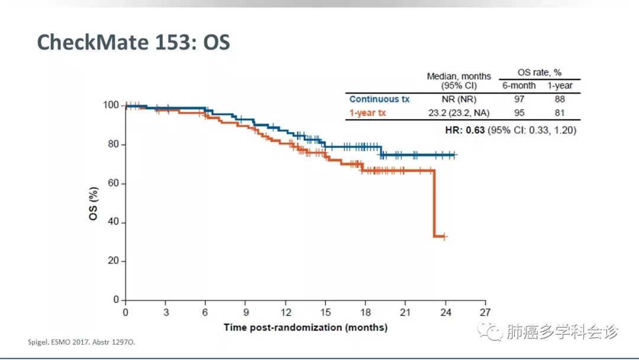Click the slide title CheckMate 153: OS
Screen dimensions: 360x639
(133, 42)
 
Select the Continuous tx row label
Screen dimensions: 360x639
(379, 99)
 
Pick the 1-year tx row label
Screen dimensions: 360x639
(367, 112)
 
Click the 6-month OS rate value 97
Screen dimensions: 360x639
(519, 99)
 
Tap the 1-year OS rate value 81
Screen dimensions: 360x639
(559, 112)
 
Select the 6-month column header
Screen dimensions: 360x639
(519, 86)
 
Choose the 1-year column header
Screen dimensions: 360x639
(559, 86)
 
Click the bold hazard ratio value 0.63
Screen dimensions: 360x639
(475, 130)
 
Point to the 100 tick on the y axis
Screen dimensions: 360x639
(111, 105)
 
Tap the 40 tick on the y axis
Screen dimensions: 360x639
(114, 223)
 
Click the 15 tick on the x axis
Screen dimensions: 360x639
(325, 312)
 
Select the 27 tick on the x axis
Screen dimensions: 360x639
(485, 312)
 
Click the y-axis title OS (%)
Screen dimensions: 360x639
(93, 202)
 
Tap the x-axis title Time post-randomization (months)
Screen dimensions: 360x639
(305, 327)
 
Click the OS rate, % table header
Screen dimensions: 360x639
(539, 73)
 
